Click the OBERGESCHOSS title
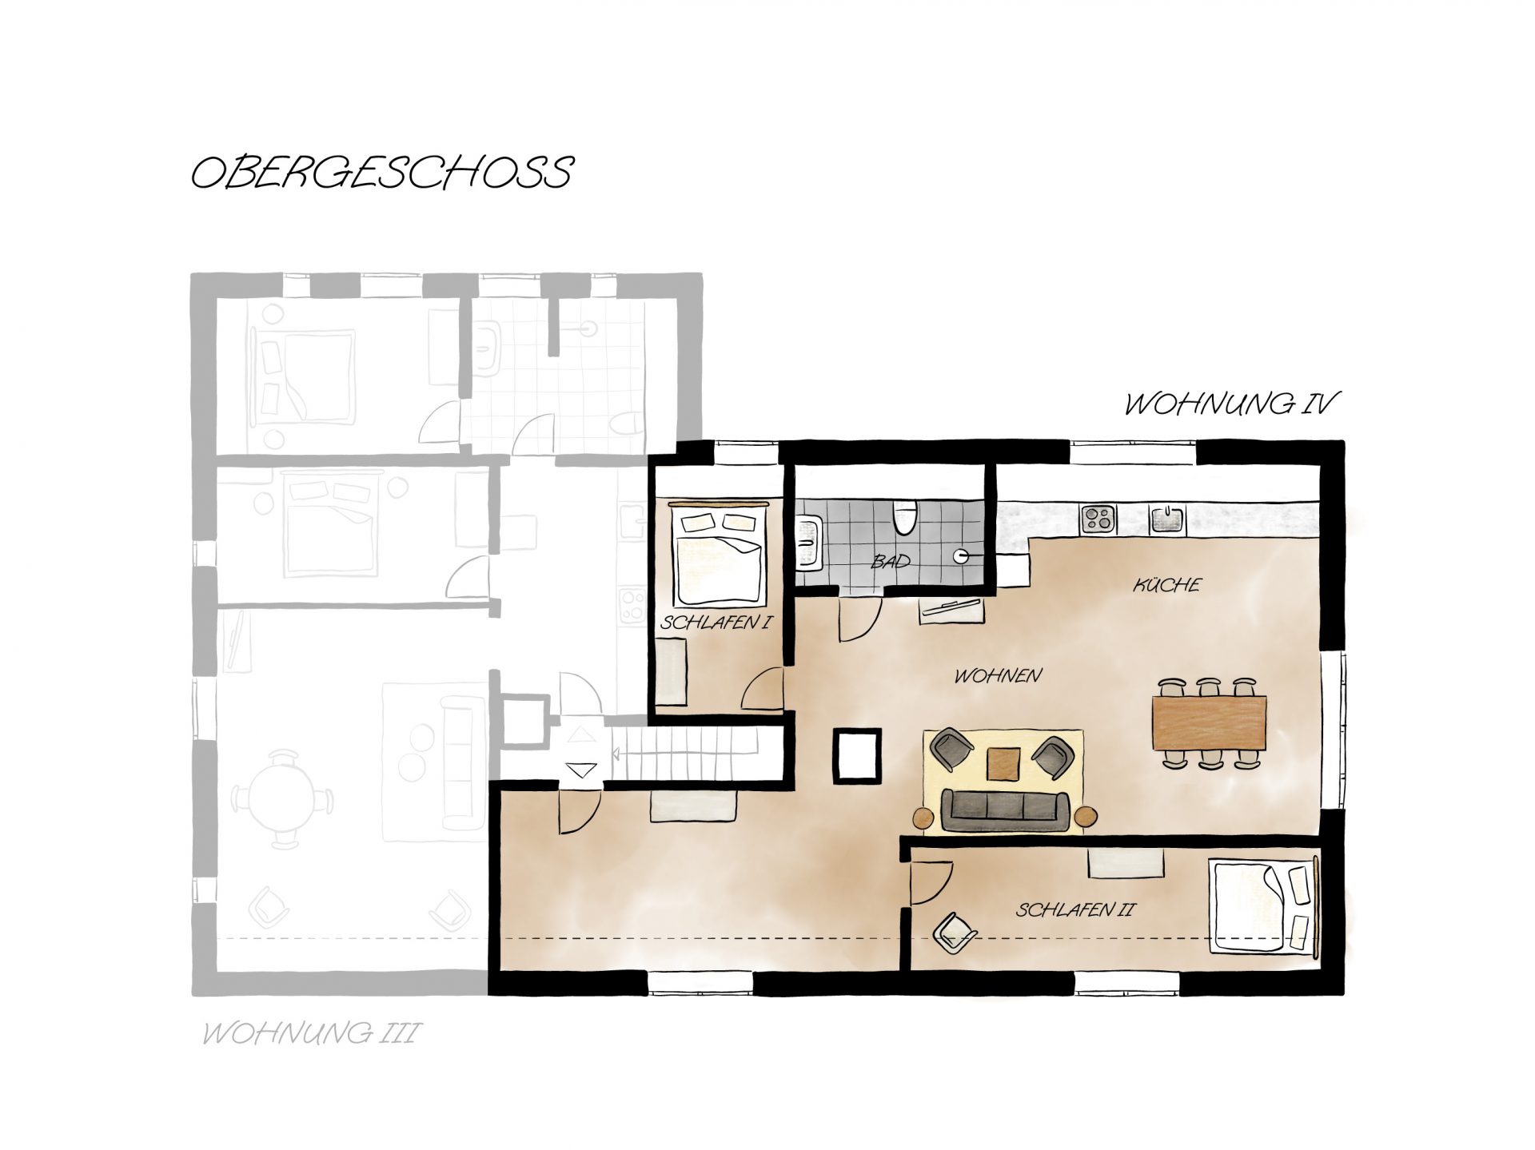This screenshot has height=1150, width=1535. pyautogui.click(x=382, y=173)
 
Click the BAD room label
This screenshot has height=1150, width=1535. pyautogui.click(x=891, y=562)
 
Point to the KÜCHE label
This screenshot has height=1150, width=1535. pyautogui.click(x=1167, y=584)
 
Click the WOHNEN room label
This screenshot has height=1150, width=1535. pyautogui.click(x=998, y=675)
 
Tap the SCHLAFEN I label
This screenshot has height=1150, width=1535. pyautogui.click(x=716, y=622)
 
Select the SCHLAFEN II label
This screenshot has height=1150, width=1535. pyautogui.click(x=1075, y=909)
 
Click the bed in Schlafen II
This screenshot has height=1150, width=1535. pyautogui.click(x=1264, y=905)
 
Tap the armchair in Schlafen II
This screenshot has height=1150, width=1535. pyautogui.click(x=954, y=932)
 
